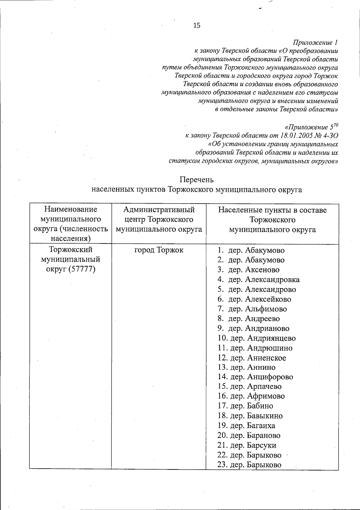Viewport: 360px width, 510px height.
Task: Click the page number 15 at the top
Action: pyautogui.click(x=197, y=25)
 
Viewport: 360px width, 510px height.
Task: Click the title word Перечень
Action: pyautogui.click(x=196, y=180)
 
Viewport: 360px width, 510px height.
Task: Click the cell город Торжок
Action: pyautogui.click(x=159, y=250)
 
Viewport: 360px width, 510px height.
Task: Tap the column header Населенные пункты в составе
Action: pyautogui.click(x=272, y=210)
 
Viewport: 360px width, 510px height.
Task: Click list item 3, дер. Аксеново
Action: pyautogui.click(x=253, y=270)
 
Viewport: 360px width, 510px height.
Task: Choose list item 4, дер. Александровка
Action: pyautogui.click(x=263, y=280)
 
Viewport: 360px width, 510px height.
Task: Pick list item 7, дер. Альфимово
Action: pyautogui.click(x=257, y=309)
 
